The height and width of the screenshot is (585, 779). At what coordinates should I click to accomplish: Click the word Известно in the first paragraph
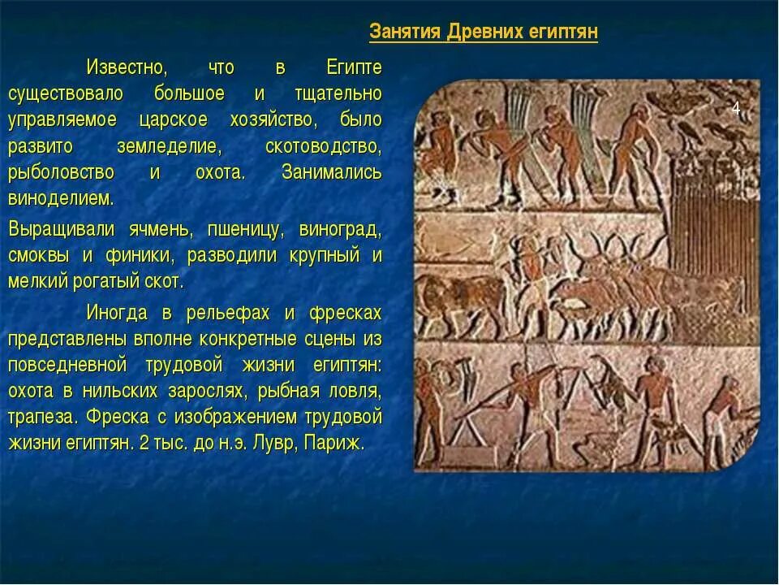click(x=127, y=66)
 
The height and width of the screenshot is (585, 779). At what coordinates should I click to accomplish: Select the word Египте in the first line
click(x=354, y=66)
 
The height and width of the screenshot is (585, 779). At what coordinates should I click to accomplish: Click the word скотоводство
click(x=323, y=146)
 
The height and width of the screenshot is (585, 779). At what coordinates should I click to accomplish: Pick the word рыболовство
click(x=61, y=173)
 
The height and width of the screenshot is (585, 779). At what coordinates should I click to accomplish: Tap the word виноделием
click(x=61, y=199)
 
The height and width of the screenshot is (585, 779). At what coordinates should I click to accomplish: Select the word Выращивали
click(x=62, y=229)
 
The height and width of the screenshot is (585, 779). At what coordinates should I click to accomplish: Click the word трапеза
click(x=43, y=418)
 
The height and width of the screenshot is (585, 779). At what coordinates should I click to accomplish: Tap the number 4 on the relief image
click(x=736, y=109)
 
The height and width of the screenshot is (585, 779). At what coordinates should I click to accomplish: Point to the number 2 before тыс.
click(x=144, y=444)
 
